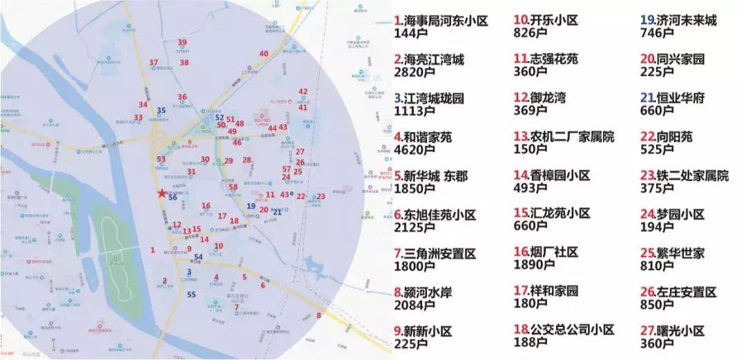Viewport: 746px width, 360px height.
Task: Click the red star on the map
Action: [x=162, y=193]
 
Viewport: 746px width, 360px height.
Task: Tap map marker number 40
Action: [x=263, y=54]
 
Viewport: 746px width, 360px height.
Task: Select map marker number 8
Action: [x=319, y=316]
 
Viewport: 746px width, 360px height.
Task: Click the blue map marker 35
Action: [x=162, y=110]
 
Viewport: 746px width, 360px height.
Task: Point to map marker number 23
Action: [x=321, y=196]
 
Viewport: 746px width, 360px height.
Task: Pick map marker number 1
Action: [x=153, y=249]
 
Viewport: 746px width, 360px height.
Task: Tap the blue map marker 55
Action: [x=191, y=295]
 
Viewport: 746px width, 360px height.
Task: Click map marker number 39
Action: [x=182, y=43]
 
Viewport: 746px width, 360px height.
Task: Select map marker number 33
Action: [x=138, y=117]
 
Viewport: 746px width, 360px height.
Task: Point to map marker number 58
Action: [x=233, y=187]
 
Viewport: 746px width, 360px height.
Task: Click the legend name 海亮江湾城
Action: [x=434, y=60]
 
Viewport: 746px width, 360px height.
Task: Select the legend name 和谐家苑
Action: [x=428, y=138]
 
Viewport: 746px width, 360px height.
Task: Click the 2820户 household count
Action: [x=413, y=72]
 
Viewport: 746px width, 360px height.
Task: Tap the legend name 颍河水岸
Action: [x=428, y=292]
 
